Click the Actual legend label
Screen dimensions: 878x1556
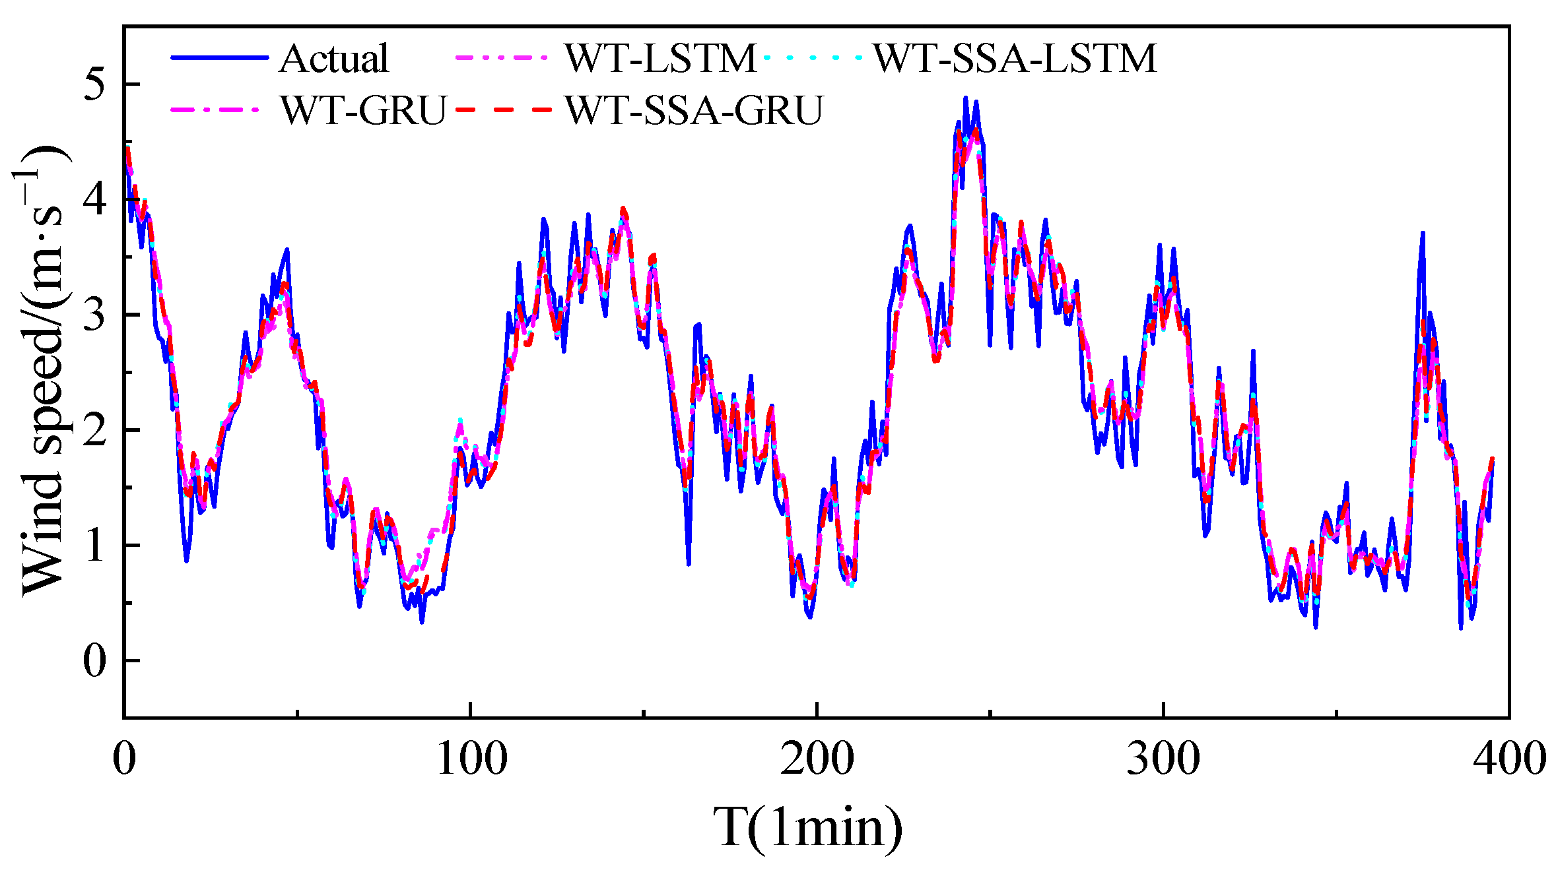pyautogui.click(x=333, y=58)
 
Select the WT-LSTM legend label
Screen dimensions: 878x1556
pyautogui.click(x=660, y=58)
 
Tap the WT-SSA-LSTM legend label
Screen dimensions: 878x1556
pyautogui.click(x=1015, y=58)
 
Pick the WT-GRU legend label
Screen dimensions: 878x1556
pyautogui.click(x=364, y=110)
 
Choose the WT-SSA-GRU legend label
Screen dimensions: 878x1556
pyautogui.click(x=694, y=110)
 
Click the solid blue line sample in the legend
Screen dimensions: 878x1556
pyautogui.click(x=220, y=58)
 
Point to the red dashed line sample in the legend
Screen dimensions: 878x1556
pyautogui.click(x=503, y=110)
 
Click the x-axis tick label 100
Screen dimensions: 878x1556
pyautogui.click(x=471, y=759)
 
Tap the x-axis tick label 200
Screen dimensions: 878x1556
pyautogui.click(x=817, y=759)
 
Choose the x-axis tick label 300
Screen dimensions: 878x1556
pyautogui.click(x=1163, y=759)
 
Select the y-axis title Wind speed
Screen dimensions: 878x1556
pyautogui.click(x=41, y=369)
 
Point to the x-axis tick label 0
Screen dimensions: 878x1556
pyautogui.click(x=124, y=759)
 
